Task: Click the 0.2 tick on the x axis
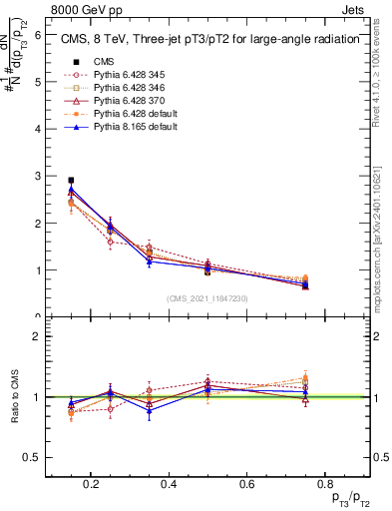click(x=92, y=486)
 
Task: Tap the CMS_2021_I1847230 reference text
click(x=207, y=298)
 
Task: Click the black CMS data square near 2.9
click(x=71, y=181)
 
